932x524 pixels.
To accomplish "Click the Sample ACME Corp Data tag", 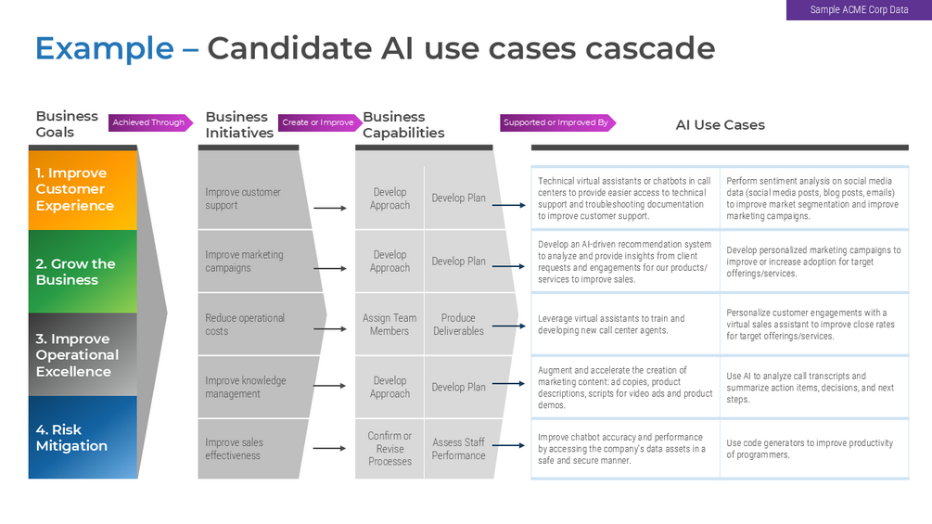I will [x=859, y=10].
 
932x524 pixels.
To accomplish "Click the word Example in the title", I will [x=104, y=48].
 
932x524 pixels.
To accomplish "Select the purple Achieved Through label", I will [x=149, y=122].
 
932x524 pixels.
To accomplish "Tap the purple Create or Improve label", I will [x=318, y=122].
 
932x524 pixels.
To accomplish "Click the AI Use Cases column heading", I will [x=720, y=124].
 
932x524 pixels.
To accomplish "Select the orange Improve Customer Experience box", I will [x=83, y=189].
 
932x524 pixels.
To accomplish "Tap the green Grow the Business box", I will [x=83, y=272].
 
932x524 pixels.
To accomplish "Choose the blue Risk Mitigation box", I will [x=83, y=438].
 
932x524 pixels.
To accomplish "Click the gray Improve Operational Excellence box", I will [x=83, y=354].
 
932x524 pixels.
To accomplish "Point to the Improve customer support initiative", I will [x=243, y=198].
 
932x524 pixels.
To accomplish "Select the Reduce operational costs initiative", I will [x=245, y=325].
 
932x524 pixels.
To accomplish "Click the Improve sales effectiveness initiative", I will [x=234, y=449].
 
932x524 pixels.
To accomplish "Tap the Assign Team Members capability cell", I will [x=389, y=325].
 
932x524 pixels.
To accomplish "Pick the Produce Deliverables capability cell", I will [x=458, y=325].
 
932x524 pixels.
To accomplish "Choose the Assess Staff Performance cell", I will [x=458, y=449].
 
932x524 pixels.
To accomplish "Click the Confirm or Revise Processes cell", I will [x=389, y=449].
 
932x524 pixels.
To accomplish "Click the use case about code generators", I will [x=810, y=449].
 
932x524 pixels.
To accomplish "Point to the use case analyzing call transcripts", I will [x=810, y=388].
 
